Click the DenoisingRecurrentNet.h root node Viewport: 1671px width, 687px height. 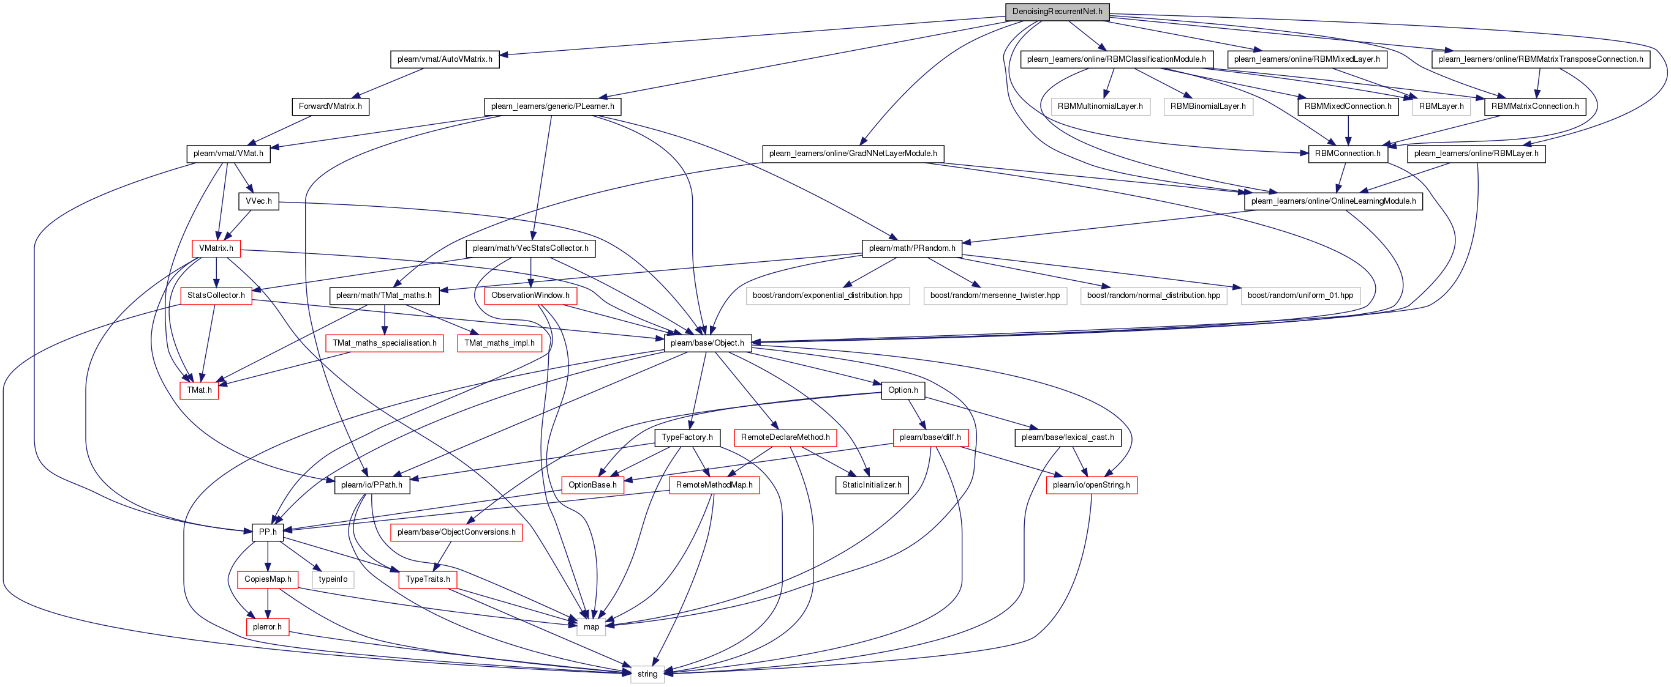1057,12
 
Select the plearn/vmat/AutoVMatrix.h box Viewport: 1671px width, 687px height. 444,59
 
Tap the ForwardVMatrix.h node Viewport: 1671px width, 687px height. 330,106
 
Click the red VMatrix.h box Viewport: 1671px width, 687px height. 216,248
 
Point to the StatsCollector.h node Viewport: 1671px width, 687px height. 216,295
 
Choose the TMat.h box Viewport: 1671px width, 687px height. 199,390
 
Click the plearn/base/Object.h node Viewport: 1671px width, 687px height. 707,343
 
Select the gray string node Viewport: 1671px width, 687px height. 647,674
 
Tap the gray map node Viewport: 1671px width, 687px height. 591,626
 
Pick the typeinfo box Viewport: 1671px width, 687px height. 333,579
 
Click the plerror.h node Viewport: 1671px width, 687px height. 267,626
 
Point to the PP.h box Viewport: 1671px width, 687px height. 268,532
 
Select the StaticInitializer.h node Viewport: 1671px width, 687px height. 871,485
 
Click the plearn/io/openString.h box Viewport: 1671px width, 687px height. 1091,485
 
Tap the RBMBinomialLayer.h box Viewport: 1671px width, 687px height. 1208,106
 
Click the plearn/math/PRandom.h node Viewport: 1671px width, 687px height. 911,248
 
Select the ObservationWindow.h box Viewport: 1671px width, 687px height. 530,295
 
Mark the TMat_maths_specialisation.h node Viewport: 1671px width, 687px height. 385,343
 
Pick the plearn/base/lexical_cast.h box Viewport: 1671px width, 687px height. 1067,437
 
